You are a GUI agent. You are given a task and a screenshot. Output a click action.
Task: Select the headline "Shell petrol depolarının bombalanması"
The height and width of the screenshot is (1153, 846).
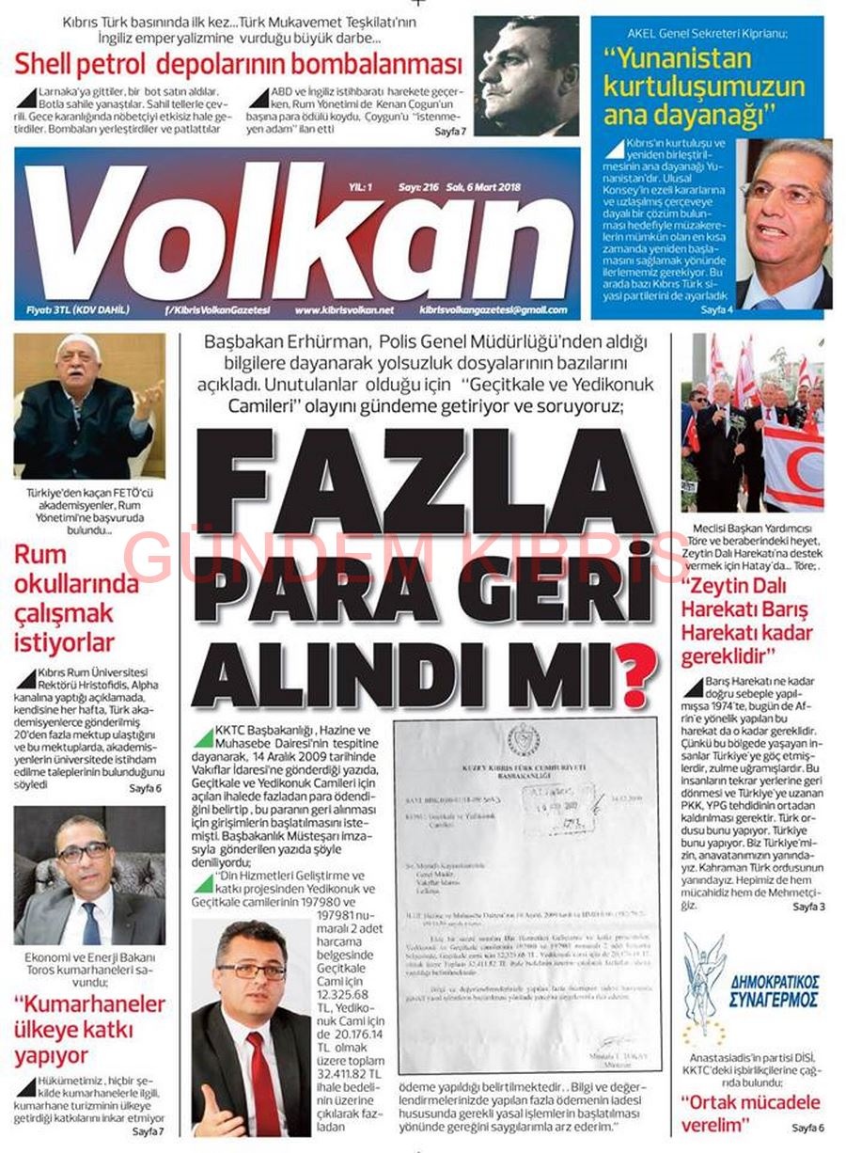point(238,65)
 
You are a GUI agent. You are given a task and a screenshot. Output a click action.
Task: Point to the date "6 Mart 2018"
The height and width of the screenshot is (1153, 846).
point(489,187)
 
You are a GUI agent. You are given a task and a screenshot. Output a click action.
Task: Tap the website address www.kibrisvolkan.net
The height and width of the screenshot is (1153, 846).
point(344,309)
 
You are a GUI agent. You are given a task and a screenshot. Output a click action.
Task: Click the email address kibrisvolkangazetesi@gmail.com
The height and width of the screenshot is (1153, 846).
point(493,309)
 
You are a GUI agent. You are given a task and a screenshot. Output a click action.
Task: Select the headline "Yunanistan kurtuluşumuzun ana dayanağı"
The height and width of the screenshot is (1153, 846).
point(704,87)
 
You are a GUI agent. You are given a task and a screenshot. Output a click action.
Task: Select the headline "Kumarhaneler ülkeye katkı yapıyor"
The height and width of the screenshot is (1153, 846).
point(87,1029)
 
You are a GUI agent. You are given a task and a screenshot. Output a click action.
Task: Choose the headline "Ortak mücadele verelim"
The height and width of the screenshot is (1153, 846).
point(750,1112)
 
